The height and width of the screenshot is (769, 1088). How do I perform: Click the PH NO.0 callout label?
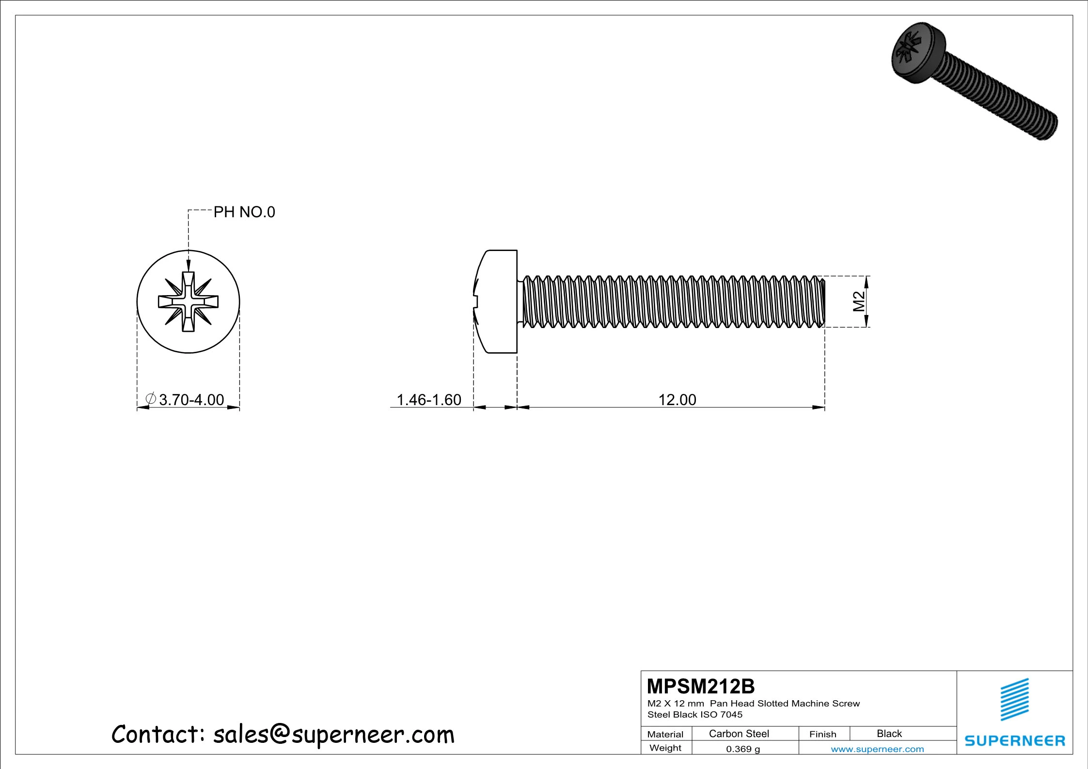[x=244, y=212]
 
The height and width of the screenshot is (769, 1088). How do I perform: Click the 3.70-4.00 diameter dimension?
[x=191, y=400]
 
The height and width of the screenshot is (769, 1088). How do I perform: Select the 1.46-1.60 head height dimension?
[x=428, y=400]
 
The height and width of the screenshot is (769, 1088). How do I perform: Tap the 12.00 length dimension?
[x=677, y=400]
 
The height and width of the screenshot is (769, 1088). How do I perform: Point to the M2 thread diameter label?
[x=859, y=301]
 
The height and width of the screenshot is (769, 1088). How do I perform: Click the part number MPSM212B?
[x=700, y=687]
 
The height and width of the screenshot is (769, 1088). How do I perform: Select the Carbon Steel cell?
[x=739, y=734]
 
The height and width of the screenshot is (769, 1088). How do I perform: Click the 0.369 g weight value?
[x=742, y=749]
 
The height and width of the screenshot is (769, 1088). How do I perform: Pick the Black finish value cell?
[x=889, y=734]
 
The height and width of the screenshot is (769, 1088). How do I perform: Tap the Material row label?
[x=665, y=735]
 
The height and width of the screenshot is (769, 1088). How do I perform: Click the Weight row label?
[x=665, y=748]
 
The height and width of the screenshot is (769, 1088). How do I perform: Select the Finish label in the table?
[x=822, y=734]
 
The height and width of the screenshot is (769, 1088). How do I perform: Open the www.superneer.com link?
[x=877, y=749]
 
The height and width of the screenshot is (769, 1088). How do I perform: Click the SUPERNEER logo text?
[x=1014, y=741]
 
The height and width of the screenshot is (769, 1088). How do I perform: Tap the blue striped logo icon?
[x=1014, y=699]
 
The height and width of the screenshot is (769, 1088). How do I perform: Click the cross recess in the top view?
[x=188, y=302]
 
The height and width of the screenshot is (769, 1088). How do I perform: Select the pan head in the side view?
[x=497, y=302]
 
